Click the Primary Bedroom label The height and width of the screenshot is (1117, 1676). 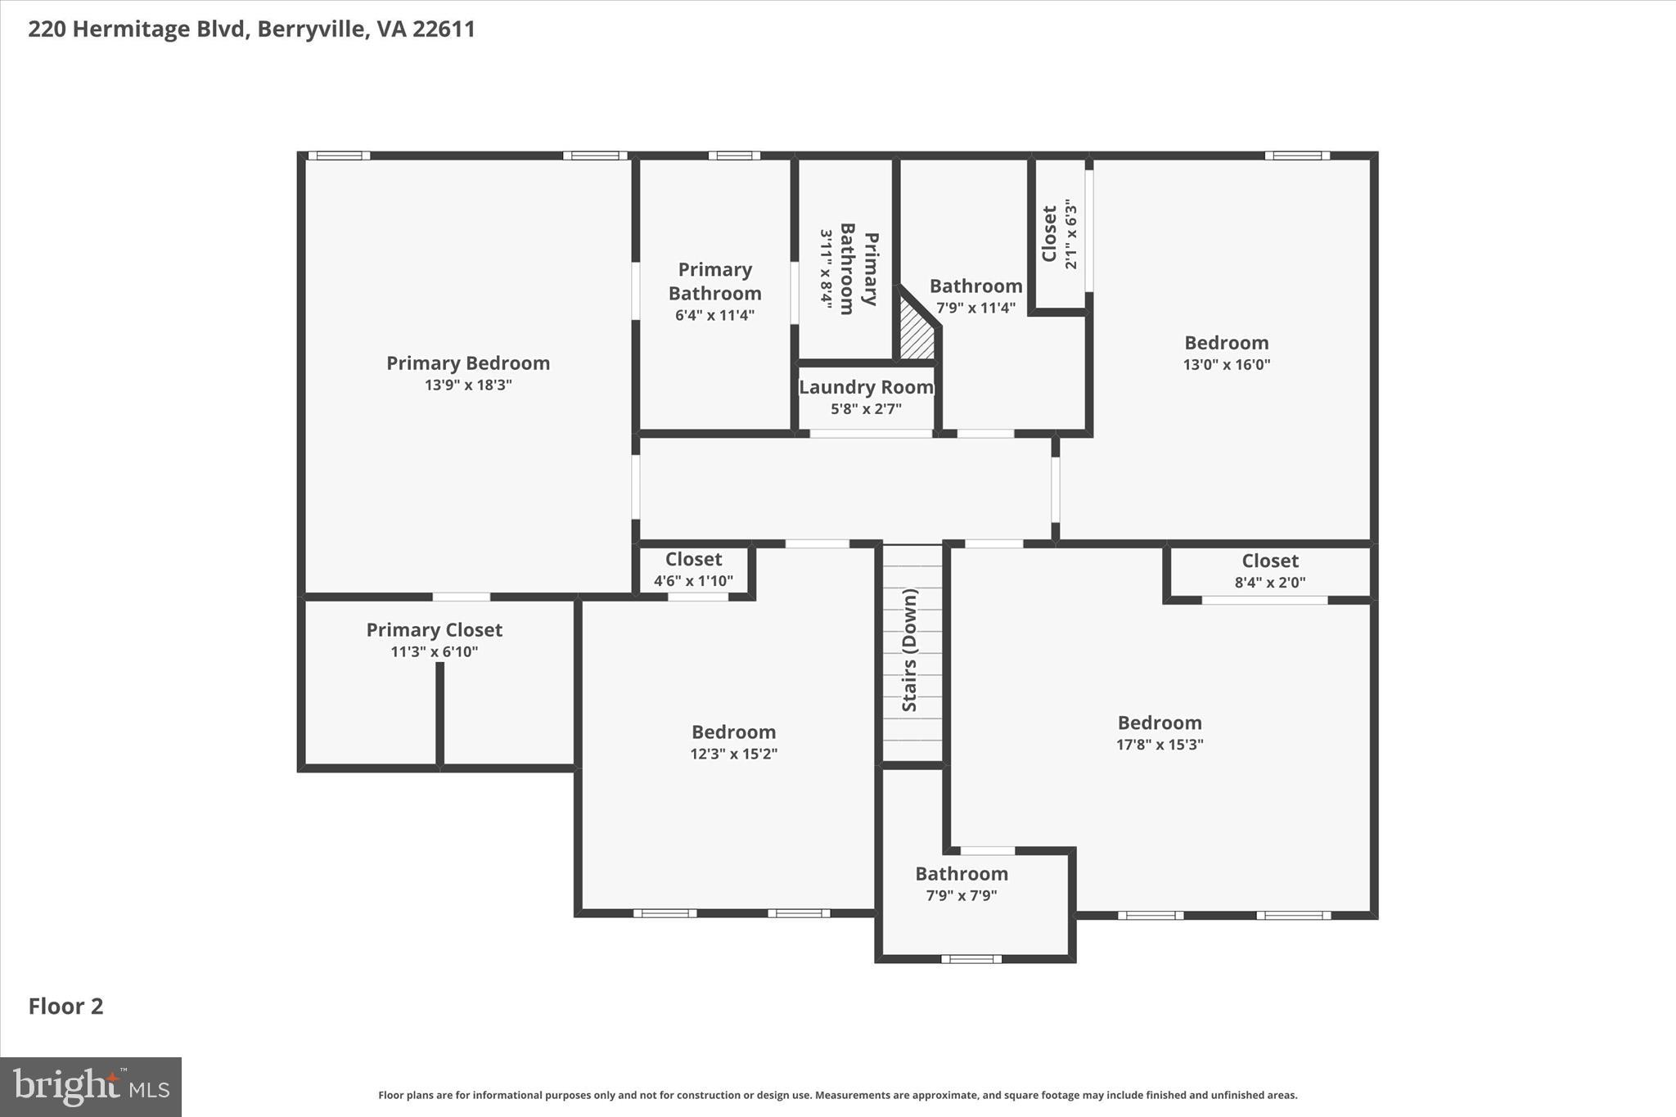pyautogui.click(x=468, y=363)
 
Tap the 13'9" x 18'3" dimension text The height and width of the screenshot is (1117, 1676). pyautogui.click(x=468, y=385)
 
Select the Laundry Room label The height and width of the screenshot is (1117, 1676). pyautogui.click(x=866, y=388)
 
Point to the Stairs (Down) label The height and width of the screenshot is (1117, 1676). pyautogui.click(x=910, y=651)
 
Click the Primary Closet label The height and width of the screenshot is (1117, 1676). pyautogui.click(x=434, y=630)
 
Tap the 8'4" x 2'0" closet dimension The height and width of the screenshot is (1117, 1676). pyautogui.click(x=1269, y=583)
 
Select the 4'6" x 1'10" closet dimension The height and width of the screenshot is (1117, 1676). pyautogui.click(x=693, y=581)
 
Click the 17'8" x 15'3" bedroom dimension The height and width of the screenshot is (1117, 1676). pyautogui.click(x=1160, y=745)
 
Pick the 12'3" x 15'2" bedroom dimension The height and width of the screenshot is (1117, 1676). pyautogui.click(x=733, y=754)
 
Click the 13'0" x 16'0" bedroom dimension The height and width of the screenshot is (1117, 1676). pyautogui.click(x=1226, y=365)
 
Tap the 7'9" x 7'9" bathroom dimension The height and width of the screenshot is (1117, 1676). pyautogui.click(x=961, y=895)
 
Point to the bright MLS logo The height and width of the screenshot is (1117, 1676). pyautogui.click(x=91, y=1087)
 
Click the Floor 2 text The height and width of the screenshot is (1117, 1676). pyautogui.click(x=65, y=1007)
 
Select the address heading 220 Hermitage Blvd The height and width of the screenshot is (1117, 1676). pyautogui.click(x=251, y=29)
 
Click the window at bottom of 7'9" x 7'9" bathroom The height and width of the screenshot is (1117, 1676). pyautogui.click(x=971, y=958)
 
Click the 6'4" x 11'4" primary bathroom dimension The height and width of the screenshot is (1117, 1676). pyautogui.click(x=714, y=315)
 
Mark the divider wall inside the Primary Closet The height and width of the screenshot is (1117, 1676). pyautogui.click(x=439, y=714)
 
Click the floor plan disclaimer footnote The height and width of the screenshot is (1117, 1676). pyautogui.click(x=837, y=1095)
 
